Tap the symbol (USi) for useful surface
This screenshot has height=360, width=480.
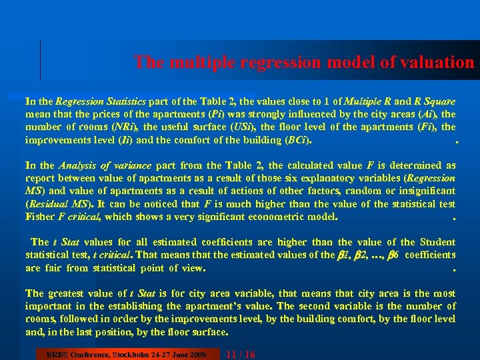coord(243,127)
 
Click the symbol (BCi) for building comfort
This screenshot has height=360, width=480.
coord(297,140)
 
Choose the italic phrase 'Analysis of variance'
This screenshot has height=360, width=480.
coord(105,165)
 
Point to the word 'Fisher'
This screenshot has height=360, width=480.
coord(40,217)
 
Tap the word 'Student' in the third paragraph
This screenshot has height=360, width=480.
coord(437,242)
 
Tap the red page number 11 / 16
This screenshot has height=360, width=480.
coord(241,353)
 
